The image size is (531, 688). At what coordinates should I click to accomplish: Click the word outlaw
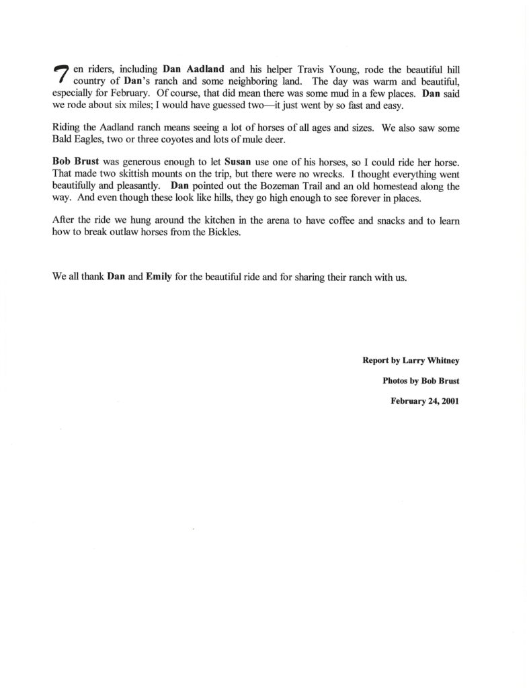pyautogui.click(x=120, y=232)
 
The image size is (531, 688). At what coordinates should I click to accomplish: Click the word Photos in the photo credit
pyautogui.click(x=396, y=380)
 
